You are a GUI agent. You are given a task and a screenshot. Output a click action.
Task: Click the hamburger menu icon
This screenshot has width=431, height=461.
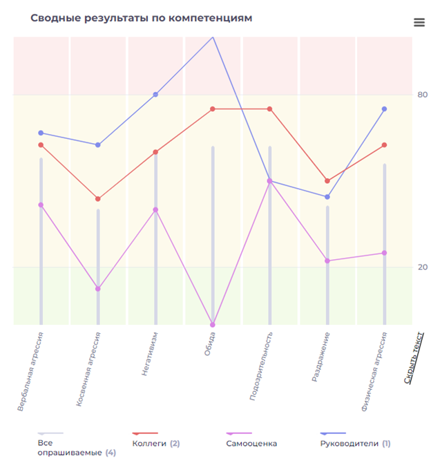point(419,22)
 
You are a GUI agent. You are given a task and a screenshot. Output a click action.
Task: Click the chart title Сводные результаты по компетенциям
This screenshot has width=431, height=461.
point(141,18)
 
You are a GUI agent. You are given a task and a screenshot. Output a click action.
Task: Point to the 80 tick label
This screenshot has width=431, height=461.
point(422,95)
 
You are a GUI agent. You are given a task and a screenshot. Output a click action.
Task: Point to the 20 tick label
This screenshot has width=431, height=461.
point(422,267)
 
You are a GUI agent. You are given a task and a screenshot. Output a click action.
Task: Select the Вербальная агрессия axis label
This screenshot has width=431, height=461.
point(31,371)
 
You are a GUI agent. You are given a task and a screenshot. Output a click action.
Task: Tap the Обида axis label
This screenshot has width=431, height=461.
point(209,344)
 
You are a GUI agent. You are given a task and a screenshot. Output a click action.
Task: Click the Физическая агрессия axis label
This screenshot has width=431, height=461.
point(374,371)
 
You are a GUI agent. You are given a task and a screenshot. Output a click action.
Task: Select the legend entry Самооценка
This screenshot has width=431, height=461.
point(251,443)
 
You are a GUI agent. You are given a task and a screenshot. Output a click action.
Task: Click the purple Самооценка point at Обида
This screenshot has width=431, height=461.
point(213,324)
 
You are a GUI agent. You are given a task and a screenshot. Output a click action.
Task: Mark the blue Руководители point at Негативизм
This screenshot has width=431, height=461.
point(155,95)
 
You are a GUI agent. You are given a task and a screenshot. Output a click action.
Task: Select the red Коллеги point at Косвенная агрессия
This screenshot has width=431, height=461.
point(98,199)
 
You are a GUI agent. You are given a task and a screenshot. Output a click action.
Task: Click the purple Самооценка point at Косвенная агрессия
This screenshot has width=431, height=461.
point(98,288)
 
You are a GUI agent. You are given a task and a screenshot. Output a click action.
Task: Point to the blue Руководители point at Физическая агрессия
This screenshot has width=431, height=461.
point(384,109)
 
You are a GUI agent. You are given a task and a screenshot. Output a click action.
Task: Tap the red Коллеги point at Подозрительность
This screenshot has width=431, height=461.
point(269,109)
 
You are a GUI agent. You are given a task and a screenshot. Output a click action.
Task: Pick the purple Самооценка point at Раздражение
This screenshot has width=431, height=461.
point(327,261)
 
